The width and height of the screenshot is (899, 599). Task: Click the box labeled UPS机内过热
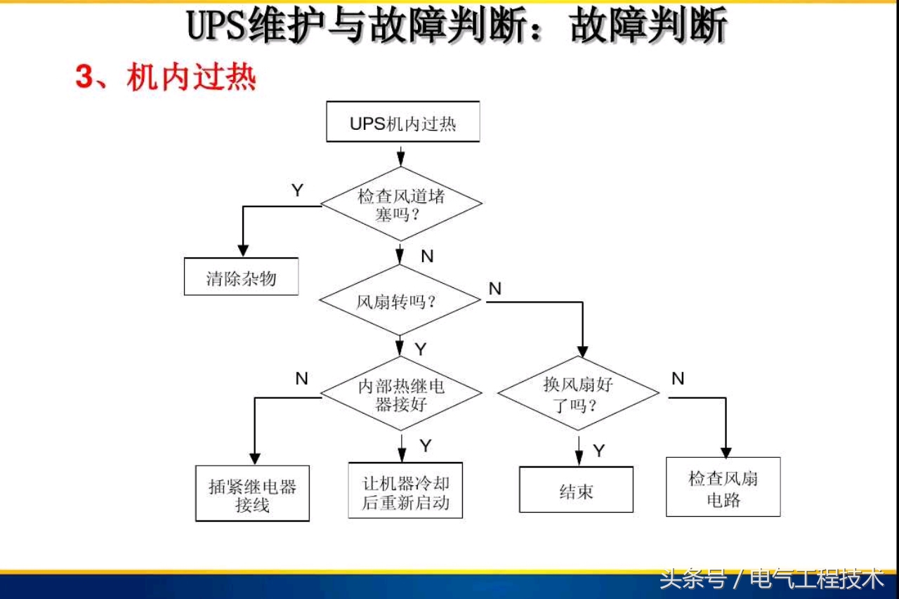click(x=402, y=123)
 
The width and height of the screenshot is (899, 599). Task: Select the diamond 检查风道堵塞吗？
click(x=401, y=204)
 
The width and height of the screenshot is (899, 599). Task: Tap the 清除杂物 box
click(x=241, y=278)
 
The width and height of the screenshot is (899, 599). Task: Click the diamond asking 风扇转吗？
click(x=400, y=302)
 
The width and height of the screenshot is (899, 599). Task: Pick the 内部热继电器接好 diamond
click(x=401, y=395)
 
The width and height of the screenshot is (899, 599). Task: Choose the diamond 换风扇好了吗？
click(x=578, y=394)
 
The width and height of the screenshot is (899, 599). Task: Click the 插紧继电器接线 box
click(x=252, y=495)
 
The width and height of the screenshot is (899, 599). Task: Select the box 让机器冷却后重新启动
click(x=405, y=492)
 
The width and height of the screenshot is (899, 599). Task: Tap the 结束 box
click(x=576, y=490)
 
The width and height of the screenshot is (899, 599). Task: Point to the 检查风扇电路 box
click(x=723, y=489)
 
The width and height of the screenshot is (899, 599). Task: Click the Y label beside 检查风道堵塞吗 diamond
click(x=298, y=190)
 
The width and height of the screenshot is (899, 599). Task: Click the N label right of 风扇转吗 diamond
click(x=495, y=289)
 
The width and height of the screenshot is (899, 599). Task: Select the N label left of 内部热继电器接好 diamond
click(x=302, y=379)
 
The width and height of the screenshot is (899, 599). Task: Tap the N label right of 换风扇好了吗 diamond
click(x=678, y=379)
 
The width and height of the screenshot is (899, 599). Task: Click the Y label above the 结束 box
click(x=599, y=451)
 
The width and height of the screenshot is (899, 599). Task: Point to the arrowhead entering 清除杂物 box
click(x=243, y=250)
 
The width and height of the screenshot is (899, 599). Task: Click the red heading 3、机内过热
click(x=165, y=77)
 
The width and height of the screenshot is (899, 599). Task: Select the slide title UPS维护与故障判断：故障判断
click(x=457, y=27)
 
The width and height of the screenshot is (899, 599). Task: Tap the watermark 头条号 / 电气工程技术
click(x=771, y=579)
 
